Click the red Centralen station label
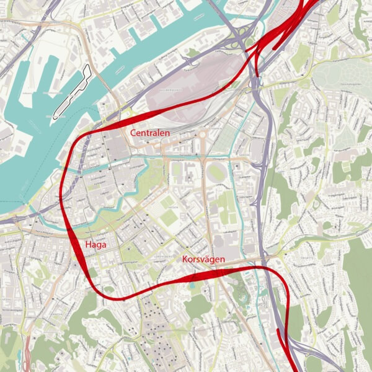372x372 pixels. [150, 133]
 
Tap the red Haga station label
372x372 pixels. [96, 245]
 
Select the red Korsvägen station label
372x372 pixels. [203, 260]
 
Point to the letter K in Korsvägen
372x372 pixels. [185, 260]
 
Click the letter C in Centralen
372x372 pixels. [133, 133]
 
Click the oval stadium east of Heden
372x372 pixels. [216, 172]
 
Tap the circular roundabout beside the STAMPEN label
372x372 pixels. [202, 134]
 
